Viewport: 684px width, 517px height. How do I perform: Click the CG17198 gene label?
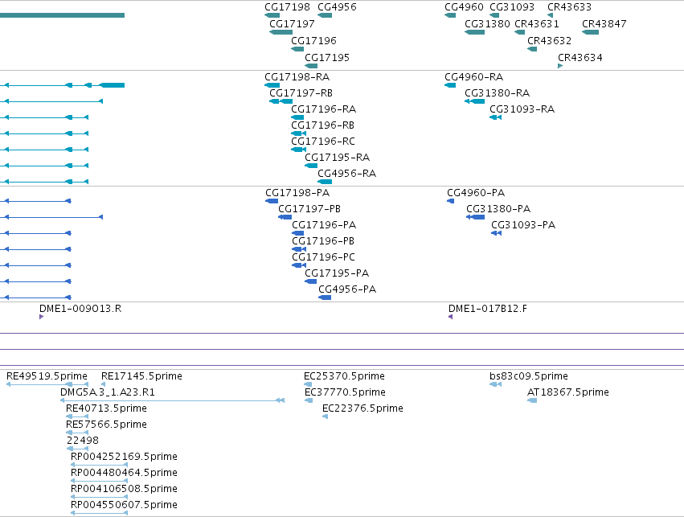287,7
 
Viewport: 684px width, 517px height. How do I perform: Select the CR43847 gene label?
604,24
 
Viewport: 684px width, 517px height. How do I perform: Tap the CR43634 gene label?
580,58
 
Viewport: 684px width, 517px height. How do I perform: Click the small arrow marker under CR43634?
560,66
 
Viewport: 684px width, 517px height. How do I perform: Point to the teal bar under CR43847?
590,32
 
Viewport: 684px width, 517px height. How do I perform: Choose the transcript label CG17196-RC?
323,142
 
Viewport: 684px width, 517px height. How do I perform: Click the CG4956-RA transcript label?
346,174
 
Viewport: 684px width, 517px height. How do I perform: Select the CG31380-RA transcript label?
497,93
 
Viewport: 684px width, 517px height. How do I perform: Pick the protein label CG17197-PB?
309,209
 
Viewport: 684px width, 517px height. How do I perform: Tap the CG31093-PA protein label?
523,225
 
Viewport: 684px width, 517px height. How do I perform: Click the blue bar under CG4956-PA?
325,297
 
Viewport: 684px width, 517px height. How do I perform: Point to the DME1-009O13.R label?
80,309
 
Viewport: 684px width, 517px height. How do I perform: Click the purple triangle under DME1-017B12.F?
451,317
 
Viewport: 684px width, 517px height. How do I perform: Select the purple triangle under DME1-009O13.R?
42,317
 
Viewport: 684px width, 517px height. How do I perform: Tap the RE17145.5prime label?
141,376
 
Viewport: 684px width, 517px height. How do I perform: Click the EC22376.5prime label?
362,408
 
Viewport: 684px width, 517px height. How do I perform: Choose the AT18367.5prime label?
568,392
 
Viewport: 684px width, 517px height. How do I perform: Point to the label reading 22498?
83,441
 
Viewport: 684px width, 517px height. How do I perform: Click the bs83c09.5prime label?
529,376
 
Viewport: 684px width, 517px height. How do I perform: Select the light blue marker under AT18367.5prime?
532,400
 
